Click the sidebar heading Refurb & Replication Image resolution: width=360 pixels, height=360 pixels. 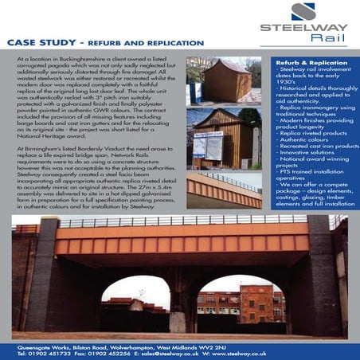(307, 61)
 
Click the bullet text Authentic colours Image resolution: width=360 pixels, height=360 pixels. (306, 143)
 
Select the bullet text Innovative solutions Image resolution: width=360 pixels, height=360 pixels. (308, 158)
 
